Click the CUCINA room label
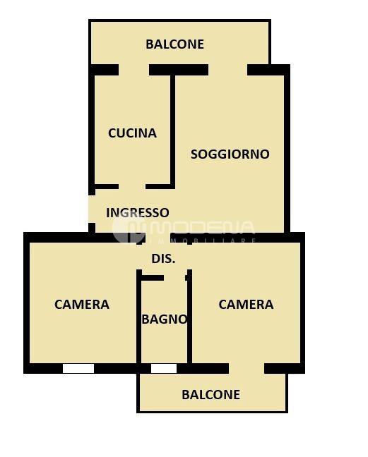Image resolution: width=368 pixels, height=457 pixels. pyautogui.click(x=132, y=133)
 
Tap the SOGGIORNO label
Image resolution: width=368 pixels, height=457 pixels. pyautogui.click(x=230, y=154)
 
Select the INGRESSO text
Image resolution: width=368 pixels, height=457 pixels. pyautogui.click(x=138, y=213)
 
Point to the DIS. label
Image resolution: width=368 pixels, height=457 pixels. pyautogui.click(x=163, y=259)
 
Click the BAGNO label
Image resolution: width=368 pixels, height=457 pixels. pyautogui.click(x=165, y=319)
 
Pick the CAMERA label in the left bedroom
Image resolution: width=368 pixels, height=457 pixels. pyautogui.click(x=82, y=305)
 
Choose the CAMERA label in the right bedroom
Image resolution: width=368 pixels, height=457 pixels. pyautogui.click(x=246, y=305)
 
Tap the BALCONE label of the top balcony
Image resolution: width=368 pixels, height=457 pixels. pyautogui.click(x=174, y=44)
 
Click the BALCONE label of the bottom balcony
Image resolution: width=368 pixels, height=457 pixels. pyautogui.click(x=211, y=395)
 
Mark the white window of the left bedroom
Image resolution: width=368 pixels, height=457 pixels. pyautogui.click(x=78, y=368)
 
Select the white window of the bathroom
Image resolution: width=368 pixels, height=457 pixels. pyautogui.click(x=164, y=368)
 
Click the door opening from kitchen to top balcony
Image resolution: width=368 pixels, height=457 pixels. pyautogui.click(x=134, y=70)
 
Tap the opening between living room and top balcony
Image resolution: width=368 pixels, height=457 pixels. pyautogui.click(x=228, y=70)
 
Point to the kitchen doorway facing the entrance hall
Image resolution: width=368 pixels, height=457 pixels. pyautogui.click(x=132, y=186)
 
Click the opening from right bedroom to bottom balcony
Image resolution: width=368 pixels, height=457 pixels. pyautogui.click(x=247, y=368)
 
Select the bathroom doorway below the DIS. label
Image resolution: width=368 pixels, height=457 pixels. pyautogui.click(x=174, y=278)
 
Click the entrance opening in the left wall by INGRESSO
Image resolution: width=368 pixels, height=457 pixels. pyautogui.click(x=92, y=209)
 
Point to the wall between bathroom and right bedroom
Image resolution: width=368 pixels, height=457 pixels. pyautogui.click(x=189, y=317)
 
